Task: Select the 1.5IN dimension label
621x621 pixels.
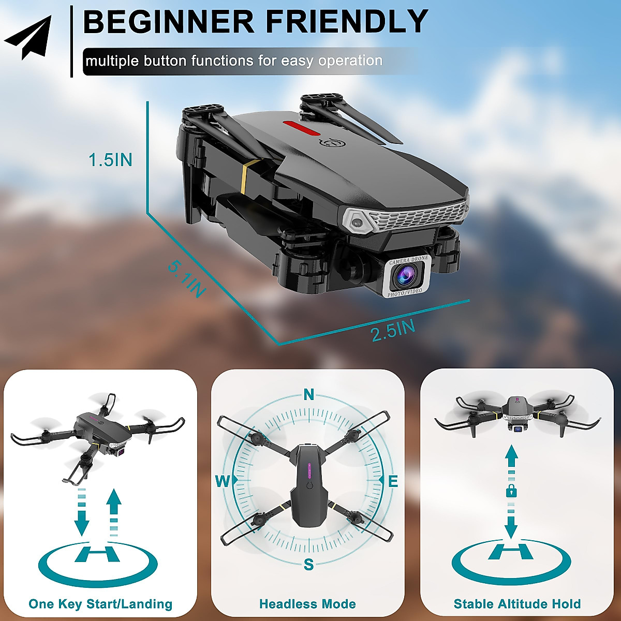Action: [x=110, y=160]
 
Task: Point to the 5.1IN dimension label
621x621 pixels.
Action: [x=187, y=280]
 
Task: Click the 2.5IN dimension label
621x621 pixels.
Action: [x=393, y=330]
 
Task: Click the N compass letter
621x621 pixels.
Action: [x=309, y=395]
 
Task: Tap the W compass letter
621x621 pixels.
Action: [x=223, y=482]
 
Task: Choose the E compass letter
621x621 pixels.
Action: [x=393, y=482]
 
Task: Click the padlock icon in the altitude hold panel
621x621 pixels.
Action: [x=511, y=490]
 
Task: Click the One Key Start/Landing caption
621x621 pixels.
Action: [x=100, y=603]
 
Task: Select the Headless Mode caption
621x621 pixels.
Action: [x=307, y=603]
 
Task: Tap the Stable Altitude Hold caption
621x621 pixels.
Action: [x=517, y=603]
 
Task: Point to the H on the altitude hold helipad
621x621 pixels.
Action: [x=511, y=551]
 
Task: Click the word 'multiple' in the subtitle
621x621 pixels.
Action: [x=112, y=61]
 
